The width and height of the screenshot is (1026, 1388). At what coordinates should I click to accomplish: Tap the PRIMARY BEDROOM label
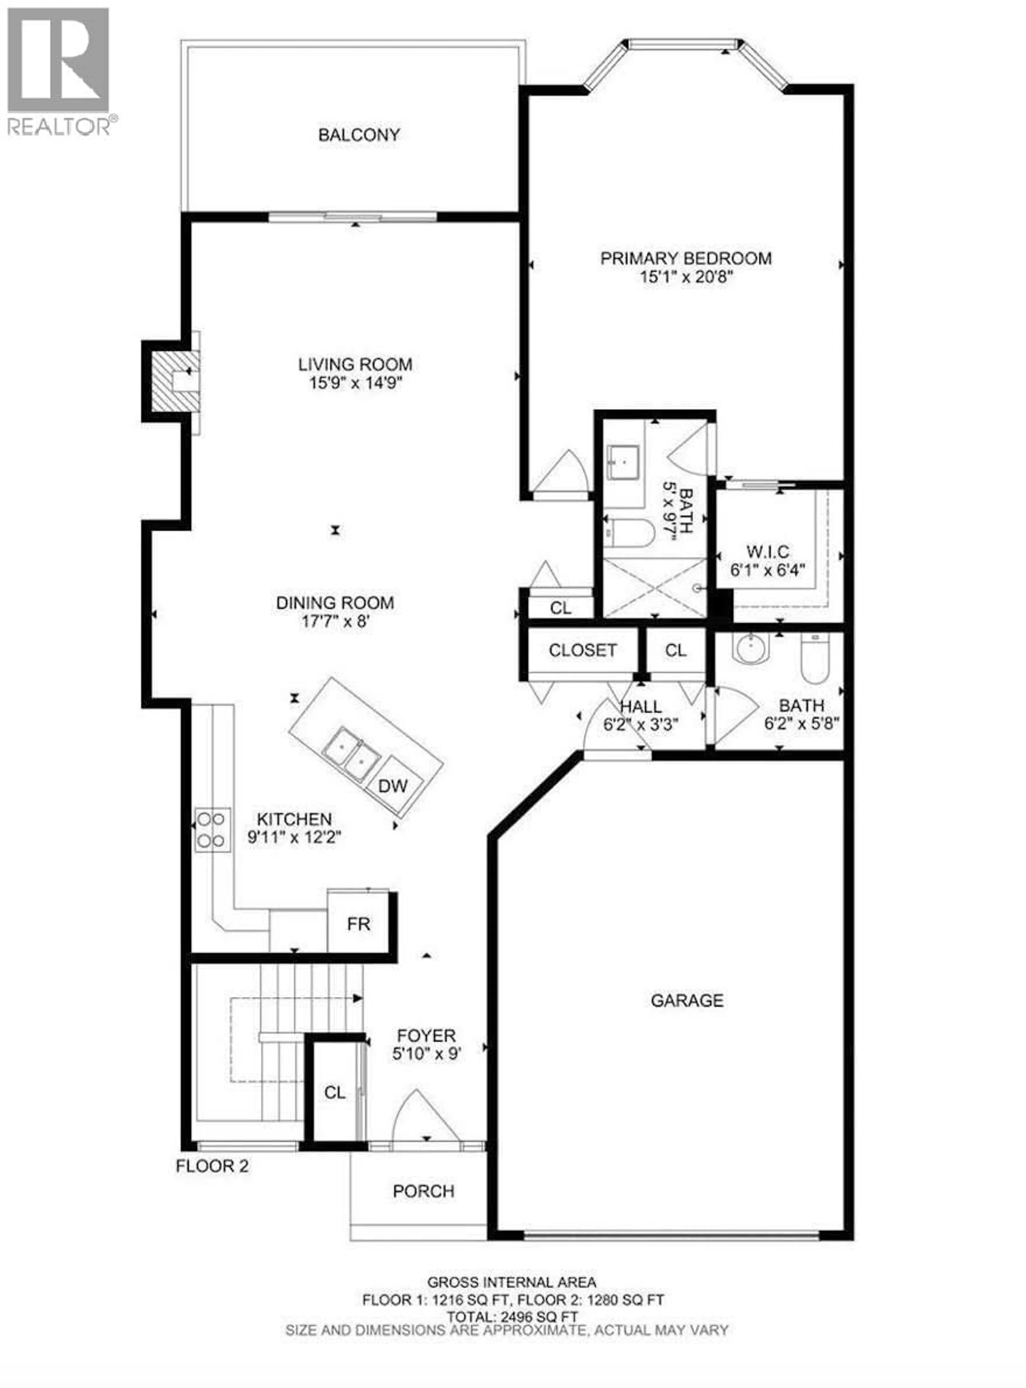(x=686, y=258)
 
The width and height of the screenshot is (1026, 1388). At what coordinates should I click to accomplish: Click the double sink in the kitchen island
(x=352, y=753)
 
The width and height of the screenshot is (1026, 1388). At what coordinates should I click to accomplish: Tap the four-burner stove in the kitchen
(x=211, y=829)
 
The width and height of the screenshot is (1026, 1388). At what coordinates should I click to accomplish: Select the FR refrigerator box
(x=358, y=924)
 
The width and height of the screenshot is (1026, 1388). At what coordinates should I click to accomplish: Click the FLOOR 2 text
(x=212, y=1166)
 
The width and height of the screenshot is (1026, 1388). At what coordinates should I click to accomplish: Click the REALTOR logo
(x=59, y=71)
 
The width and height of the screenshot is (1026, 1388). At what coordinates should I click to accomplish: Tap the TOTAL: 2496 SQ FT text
(x=512, y=1316)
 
